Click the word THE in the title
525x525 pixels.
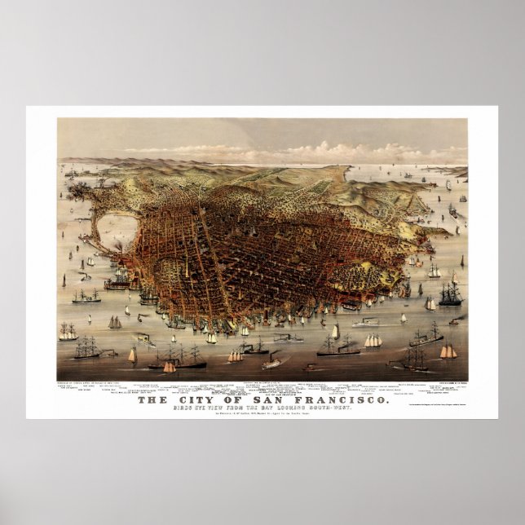(x=152, y=400)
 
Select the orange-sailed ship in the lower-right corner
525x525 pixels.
(x=448, y=351)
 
